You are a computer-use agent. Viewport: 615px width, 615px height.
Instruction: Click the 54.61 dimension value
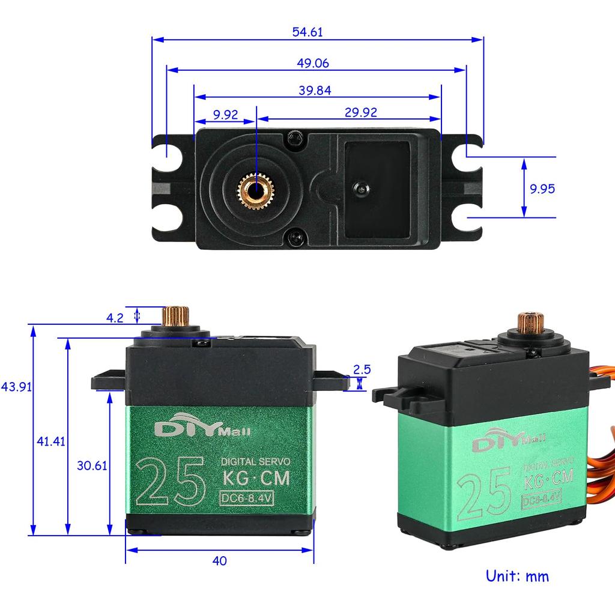coord(307,32)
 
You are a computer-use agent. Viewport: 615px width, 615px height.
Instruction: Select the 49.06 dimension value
coord(313,63)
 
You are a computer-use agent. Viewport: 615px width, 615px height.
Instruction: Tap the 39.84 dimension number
coord(315,90)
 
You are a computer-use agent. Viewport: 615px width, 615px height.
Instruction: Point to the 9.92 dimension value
coord(225,114)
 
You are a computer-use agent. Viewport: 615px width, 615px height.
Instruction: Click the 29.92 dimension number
coord(361,113)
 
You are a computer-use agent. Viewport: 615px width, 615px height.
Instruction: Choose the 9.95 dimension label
coord(542,189)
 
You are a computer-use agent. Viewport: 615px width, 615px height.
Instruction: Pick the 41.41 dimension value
coord(50,441)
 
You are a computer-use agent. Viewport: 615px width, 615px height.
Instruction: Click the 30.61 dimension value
coord(91,465)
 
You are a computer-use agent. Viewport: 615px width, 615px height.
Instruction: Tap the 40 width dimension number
coord(219,561)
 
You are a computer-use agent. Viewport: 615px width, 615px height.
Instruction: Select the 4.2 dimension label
coord(115,317)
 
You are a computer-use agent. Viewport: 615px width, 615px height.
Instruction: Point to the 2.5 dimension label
coord(362,369)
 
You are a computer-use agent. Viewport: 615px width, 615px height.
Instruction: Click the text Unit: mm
coord(517,577)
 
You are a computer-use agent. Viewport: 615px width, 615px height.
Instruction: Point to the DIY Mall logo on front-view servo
coord(202,429)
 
